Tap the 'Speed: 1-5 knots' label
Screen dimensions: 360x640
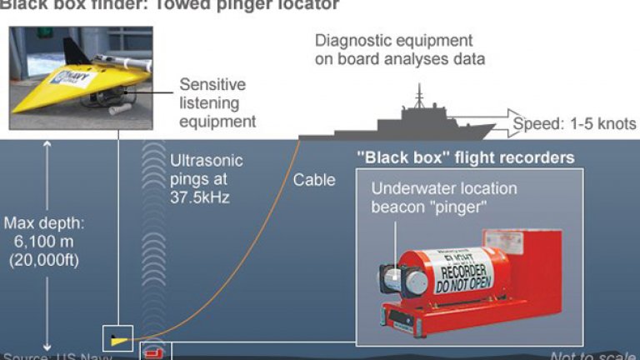[x=574, y=124]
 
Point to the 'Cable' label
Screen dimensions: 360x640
[x=314, y=179]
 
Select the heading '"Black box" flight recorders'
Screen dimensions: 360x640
[x=465, y=157]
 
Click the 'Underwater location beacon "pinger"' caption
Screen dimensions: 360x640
[x=443, y=197]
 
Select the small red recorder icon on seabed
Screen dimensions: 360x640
[x=155, y=349]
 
